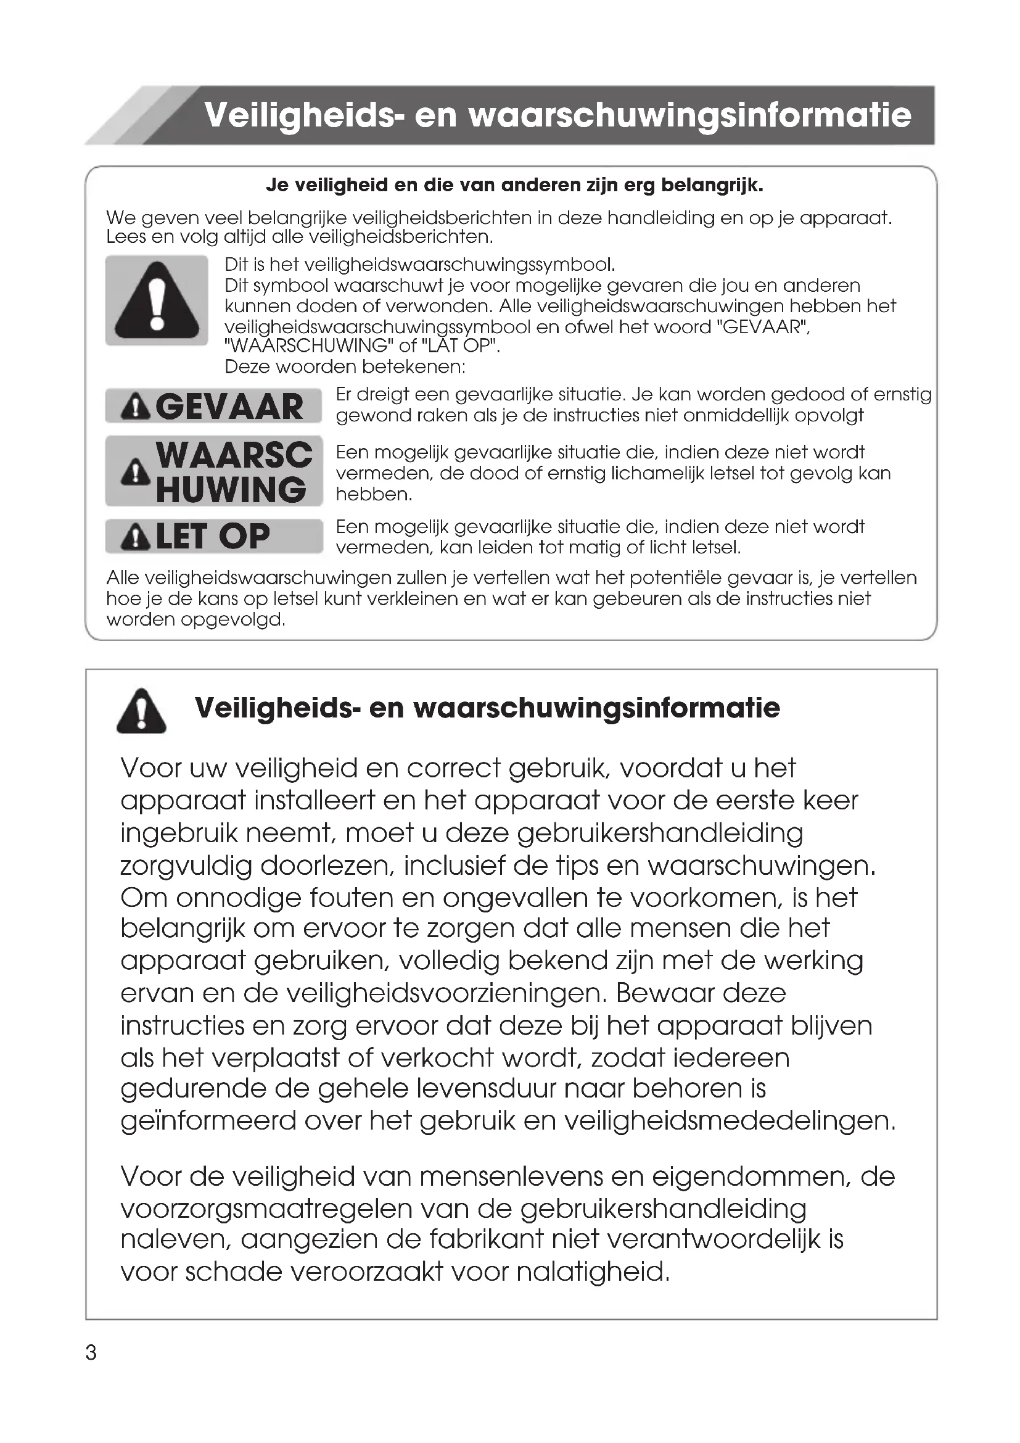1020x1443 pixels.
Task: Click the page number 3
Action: click(91, 1352)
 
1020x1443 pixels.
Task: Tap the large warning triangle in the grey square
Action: click(157, 300)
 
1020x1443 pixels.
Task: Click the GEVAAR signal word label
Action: click(213, 406)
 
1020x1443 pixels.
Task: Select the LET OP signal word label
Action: click(213, 536)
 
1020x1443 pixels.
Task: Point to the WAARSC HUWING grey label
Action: click(213, 471)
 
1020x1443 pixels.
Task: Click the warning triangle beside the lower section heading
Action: click(141, 711)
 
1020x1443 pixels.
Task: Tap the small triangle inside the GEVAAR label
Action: click(135, 407)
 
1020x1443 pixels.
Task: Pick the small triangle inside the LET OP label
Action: click(135, 537)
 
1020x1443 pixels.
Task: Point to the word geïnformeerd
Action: click(208, 1120)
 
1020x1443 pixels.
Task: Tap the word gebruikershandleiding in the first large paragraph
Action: click(660, 833)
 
